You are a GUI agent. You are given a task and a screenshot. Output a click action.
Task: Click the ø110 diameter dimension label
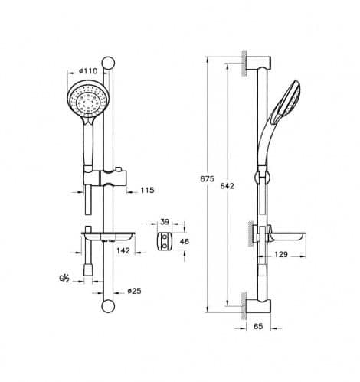pos(88,71)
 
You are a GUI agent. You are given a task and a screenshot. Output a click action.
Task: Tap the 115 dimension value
pos(148,190)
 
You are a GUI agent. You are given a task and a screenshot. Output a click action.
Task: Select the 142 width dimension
pos(123,250)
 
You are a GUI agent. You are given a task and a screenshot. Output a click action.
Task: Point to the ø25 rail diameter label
pos(134,291)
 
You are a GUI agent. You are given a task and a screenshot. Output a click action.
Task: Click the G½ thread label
pos(64,278)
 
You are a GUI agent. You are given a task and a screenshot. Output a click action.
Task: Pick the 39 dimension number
pos(165,222)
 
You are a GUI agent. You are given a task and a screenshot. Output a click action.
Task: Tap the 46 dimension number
pos(185,241)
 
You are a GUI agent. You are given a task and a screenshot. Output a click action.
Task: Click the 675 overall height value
pos(207,179)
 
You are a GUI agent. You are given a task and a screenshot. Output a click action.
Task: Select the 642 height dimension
pos(227,186)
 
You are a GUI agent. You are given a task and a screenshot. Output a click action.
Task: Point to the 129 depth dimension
pos(281,254)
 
